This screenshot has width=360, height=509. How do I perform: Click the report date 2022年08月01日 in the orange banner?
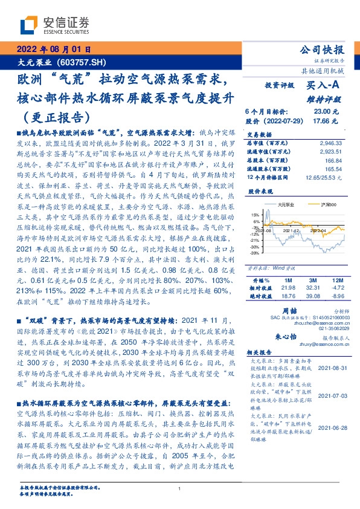point(54,50)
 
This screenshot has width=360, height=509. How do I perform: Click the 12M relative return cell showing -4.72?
point(336,288)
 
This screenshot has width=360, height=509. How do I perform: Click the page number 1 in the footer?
point(180,489)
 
